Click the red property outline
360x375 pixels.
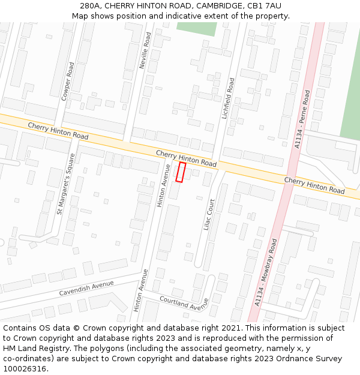tap(180, 172)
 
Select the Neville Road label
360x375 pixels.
tap(145, 50)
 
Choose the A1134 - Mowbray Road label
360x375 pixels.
tap(266, 273)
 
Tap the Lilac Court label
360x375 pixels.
tap(209, 215)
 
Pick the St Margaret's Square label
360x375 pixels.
tap(65, 184)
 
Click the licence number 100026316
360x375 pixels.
tap(25, 369)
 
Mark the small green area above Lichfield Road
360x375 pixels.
tap(196, 29)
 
